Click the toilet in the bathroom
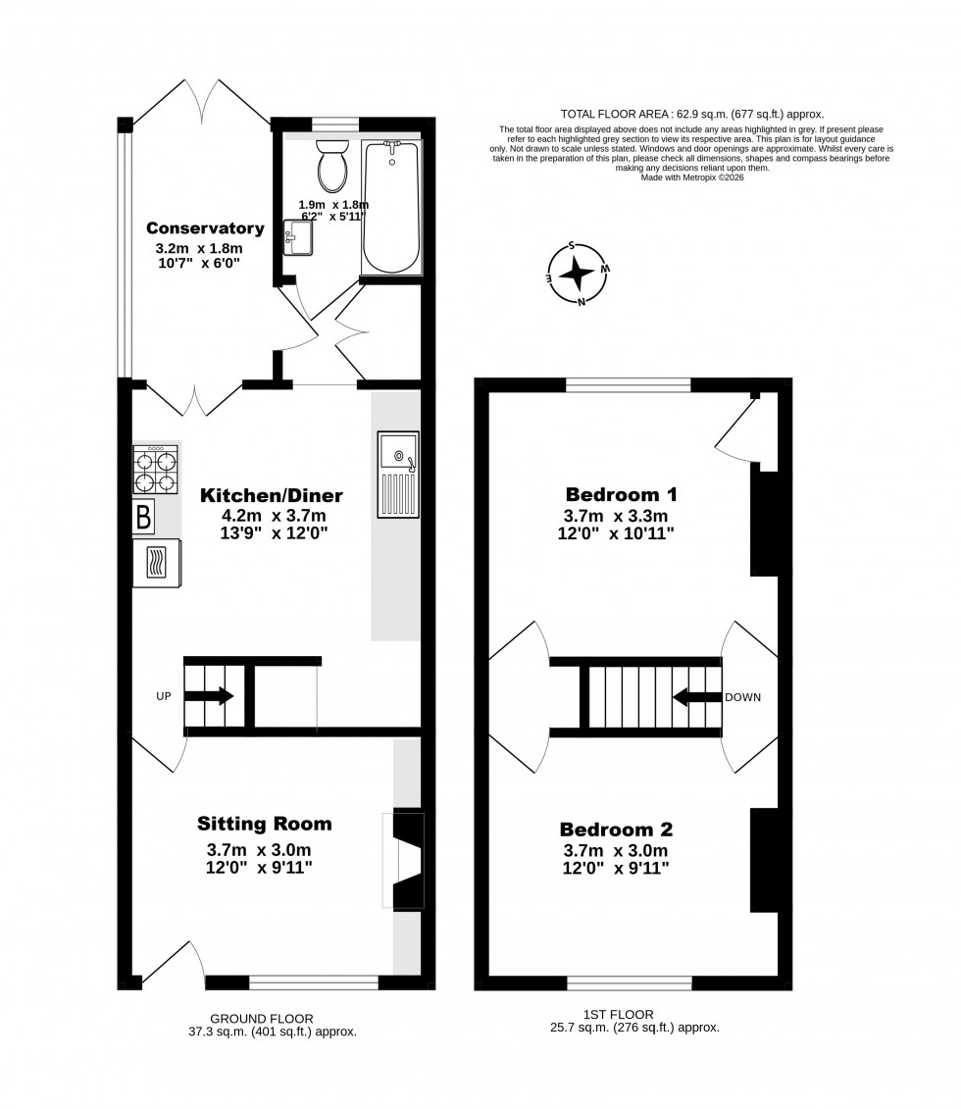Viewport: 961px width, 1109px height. click(x=333, y=165)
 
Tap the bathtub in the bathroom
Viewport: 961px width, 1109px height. click(x=392, y=207)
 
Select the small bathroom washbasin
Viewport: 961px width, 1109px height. click(x=297, y=236)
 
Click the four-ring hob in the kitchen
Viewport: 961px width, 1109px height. click(x=156, y=470)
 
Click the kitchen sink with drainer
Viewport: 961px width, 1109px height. click(x=397, y=475)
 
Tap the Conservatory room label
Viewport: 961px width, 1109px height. click(x=204, y=228)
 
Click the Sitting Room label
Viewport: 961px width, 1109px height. click(x=264, y=823)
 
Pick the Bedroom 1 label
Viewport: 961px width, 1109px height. click(x=622, y=493)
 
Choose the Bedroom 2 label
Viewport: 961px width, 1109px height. click(x=616, y=828)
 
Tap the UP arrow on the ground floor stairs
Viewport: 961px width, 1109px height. click(x=208, y=696)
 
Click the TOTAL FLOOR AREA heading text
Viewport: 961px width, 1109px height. click(x=691, y=114)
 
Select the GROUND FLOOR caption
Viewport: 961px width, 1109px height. click(x=261, y=1019)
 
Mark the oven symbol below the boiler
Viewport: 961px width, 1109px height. click(x=157, y=563)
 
